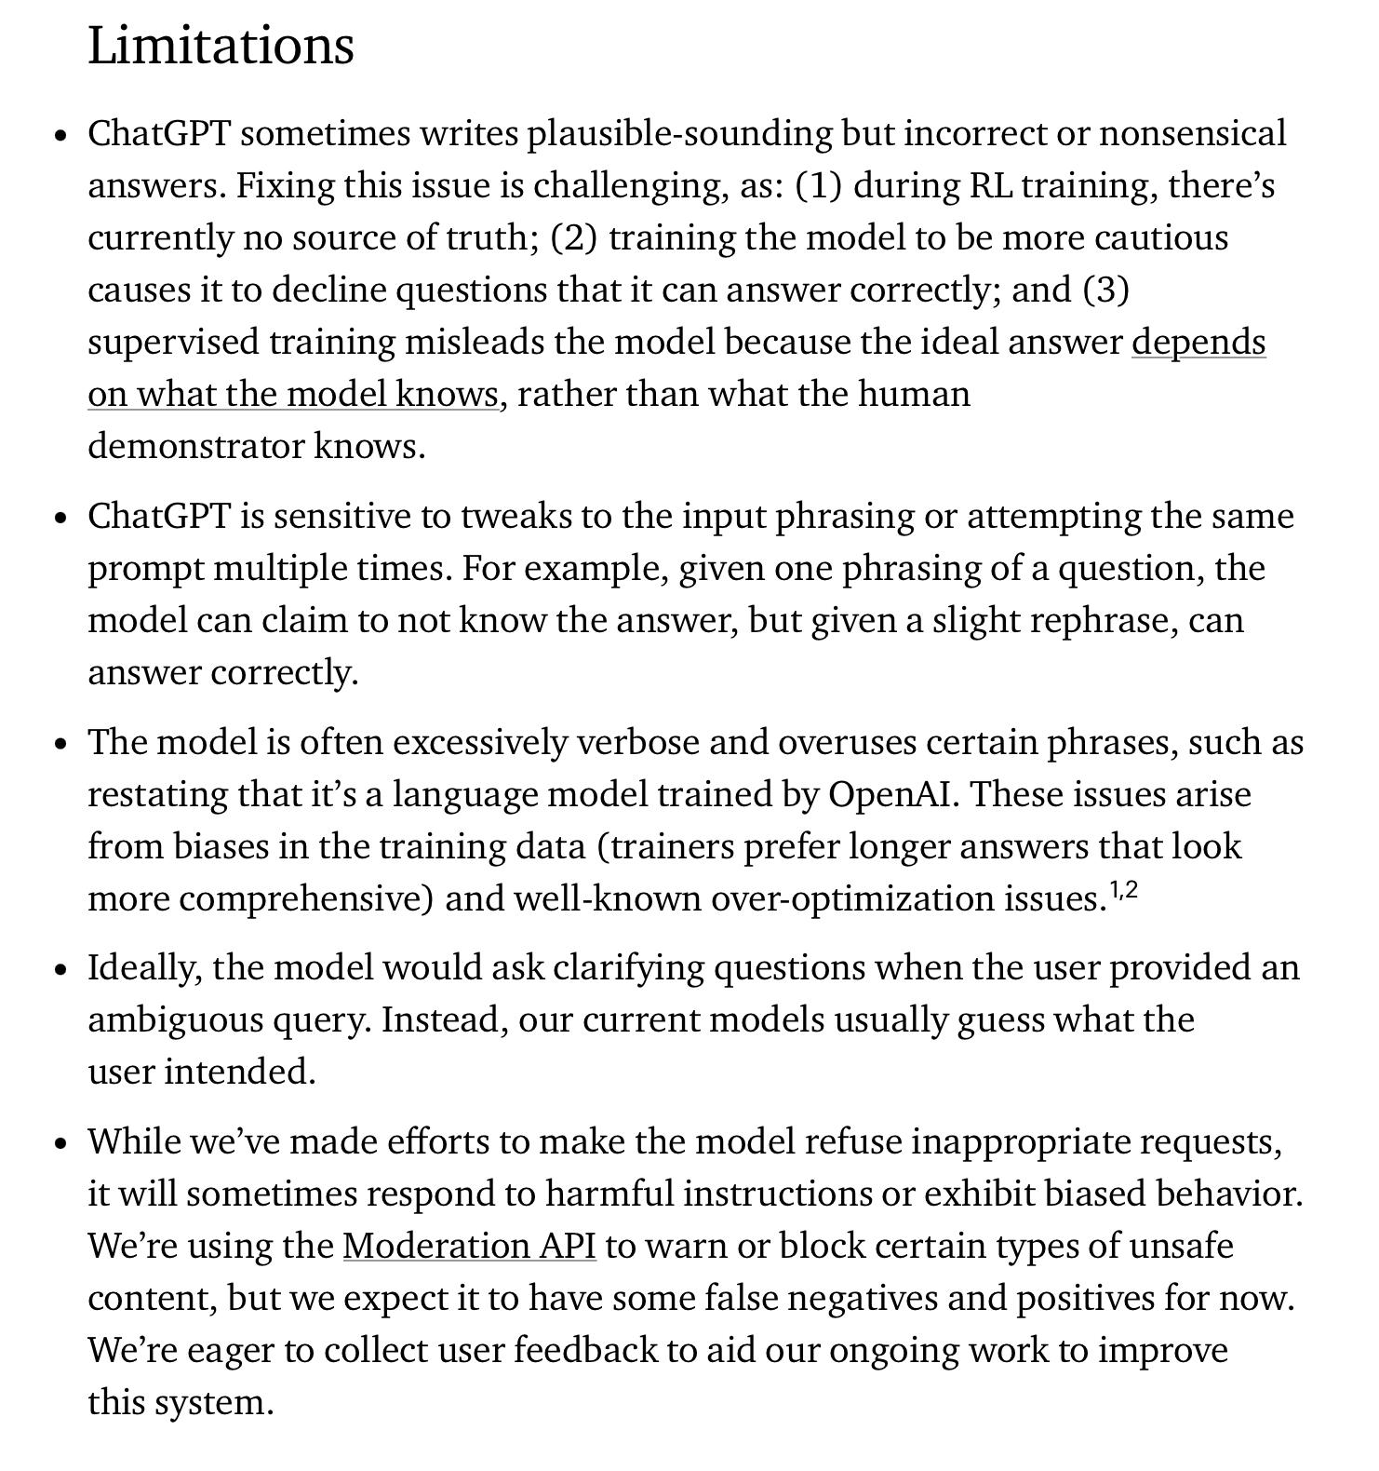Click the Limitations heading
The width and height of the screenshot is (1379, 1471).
pos(221,46)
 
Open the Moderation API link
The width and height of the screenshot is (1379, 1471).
pos(469,1246)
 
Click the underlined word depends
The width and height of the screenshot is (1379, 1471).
pos(1198,343)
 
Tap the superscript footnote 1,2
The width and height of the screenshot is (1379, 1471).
pos(1124,891)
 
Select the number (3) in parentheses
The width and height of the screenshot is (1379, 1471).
pos(1105,290)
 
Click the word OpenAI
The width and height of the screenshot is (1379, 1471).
pos(893,795)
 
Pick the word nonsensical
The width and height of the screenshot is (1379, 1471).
pos(1193,134)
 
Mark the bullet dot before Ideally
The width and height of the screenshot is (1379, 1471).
pos(61,970)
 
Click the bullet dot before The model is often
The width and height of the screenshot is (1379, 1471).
pos(61,745)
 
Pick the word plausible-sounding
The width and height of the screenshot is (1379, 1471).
pos(679,134)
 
